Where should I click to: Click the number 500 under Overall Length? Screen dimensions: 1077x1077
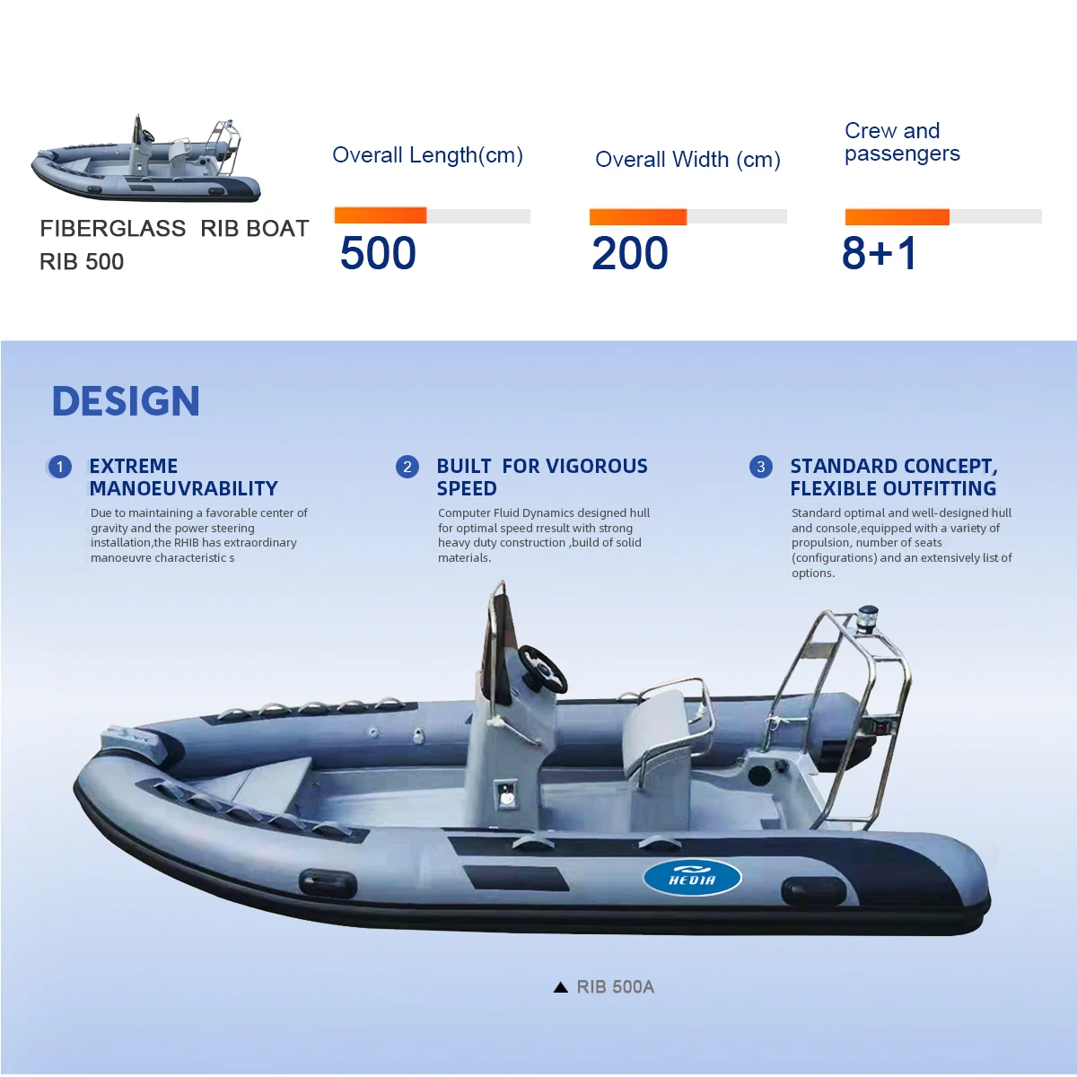[378, 253]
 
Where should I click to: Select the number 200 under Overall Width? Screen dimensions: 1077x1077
[630, 253]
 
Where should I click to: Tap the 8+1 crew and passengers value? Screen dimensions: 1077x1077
[880, 253]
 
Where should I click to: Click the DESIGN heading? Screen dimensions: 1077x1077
[126, 401]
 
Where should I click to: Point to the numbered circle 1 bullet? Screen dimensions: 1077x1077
[60, 467]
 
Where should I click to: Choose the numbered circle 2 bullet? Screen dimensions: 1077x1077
[407, 467]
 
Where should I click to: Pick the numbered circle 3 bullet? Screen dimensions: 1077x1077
[761, 467]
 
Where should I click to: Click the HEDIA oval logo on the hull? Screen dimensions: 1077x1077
[692, 877]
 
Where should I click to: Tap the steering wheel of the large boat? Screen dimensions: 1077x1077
[542, 669]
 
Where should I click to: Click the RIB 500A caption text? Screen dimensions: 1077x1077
[616, 987]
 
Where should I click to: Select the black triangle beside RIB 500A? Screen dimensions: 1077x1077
[561, 987]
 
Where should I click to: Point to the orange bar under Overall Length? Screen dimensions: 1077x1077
[381, 215]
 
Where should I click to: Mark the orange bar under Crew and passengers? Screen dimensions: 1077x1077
[897, 216]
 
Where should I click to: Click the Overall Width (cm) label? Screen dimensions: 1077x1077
[687, 160]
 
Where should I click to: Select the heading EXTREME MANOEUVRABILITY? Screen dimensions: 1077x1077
[183, 477]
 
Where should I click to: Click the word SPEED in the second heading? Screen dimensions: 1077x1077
[467, 488]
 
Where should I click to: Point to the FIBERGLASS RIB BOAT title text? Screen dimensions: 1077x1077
[174, 229]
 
